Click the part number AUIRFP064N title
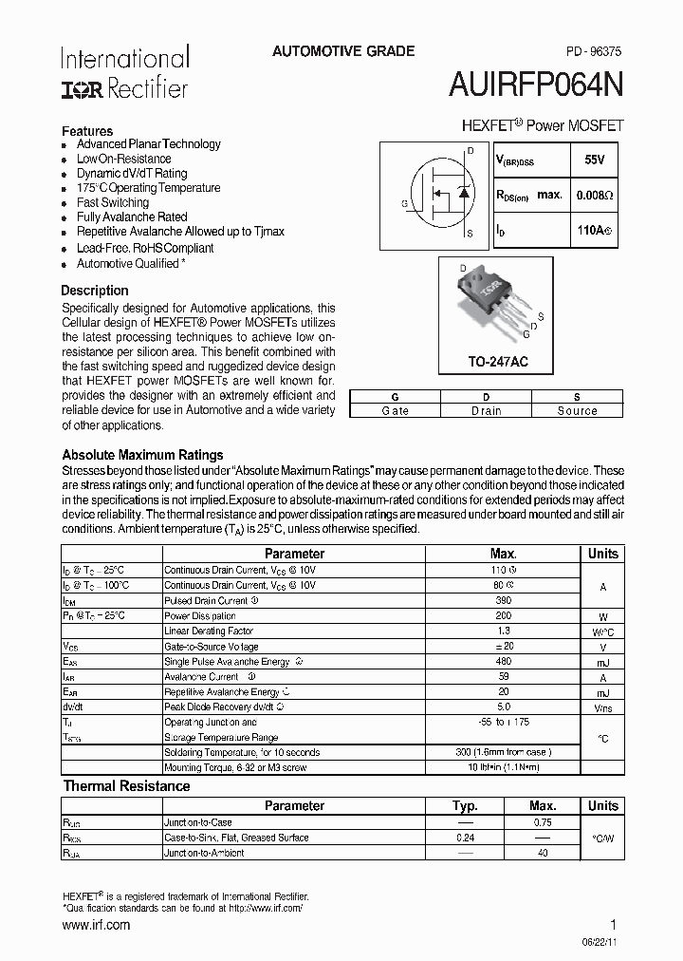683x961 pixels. coord(536,85)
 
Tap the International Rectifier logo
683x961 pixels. coord(125,72)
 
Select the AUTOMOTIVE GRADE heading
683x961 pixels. coord(343,51)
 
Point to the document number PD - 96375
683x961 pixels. coord(587,53)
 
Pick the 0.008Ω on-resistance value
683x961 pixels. coord(595,195)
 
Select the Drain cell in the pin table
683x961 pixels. coord(486,410)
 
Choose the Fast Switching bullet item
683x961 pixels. coord(112,202)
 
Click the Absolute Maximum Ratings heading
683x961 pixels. coord(142,455)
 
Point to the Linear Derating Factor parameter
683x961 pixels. coord(209,631)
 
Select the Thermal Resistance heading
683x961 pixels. coord(126,786)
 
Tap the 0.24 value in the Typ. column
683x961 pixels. coord(465,838)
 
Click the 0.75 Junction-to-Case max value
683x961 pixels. coord(542,822)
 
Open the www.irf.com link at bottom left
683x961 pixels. coord(96,924)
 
